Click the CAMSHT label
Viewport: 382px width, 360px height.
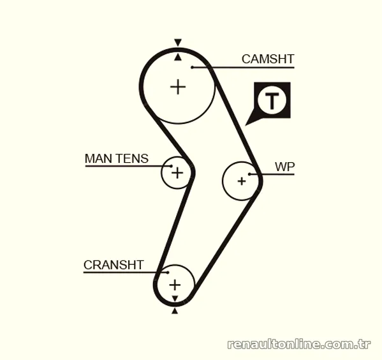[x=268, y=59]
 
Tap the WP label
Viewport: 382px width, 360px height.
[x=285, y=167]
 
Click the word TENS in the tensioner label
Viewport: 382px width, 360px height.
[x=131, y=158]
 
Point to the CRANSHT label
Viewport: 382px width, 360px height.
[x=114, y=265]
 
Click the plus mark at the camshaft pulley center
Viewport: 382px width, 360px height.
[x=178, y=87]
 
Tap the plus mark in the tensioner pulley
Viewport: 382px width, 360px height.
[x=177, y=173]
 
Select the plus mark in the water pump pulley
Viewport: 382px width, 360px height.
[x=242, y=181]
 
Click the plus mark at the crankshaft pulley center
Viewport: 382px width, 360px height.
[x=175, y=285]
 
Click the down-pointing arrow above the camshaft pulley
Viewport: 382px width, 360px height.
[x=178, y=42]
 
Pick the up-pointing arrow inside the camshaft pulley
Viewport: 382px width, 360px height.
[x=178, y=57]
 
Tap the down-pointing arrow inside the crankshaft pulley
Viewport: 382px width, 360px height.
[x=175, y=299]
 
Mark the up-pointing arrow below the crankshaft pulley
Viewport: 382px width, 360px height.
[x=175, y=311]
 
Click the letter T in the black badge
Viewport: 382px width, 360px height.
[x=272, y=100]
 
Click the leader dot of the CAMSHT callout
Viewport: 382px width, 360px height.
[x=192, y=67]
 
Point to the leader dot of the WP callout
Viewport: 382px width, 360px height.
[x=250, y=174]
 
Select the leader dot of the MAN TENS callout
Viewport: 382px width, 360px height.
[x=172, y=166]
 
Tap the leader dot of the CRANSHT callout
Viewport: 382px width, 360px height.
[x=168, y=272]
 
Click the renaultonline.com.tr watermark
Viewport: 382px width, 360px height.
[x=299, y=344]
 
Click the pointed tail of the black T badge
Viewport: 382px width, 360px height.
[x=245, y=125]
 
